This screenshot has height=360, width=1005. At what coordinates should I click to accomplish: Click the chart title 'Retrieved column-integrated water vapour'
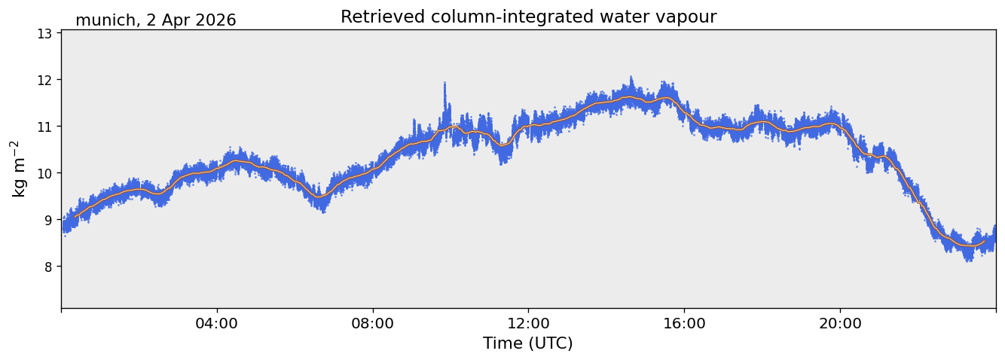529,17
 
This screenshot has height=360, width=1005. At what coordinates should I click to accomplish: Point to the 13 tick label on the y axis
44,34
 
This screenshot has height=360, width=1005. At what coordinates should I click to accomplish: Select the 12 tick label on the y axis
44,81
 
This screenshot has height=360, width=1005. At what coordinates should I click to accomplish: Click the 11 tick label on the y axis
44,127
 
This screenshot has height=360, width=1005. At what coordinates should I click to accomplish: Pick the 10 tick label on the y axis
44,173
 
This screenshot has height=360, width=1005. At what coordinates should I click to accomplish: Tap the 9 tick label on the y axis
47,220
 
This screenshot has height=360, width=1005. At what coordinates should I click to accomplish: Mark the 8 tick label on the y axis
47,267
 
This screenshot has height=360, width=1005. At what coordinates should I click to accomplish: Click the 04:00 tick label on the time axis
217,324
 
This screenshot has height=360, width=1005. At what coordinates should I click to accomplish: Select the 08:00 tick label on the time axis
373,324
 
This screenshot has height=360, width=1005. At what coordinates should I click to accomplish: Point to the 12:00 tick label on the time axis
529,324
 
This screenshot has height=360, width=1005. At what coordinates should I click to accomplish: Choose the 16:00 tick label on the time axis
684,324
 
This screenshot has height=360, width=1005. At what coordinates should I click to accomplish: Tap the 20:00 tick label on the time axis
840,324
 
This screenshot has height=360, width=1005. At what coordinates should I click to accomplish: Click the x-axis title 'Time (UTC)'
528,343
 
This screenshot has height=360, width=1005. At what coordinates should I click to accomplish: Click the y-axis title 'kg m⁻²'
19,169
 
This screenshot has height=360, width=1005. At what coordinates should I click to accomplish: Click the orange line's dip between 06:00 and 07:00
319,197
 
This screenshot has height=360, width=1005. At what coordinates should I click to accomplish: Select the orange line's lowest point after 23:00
969,246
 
